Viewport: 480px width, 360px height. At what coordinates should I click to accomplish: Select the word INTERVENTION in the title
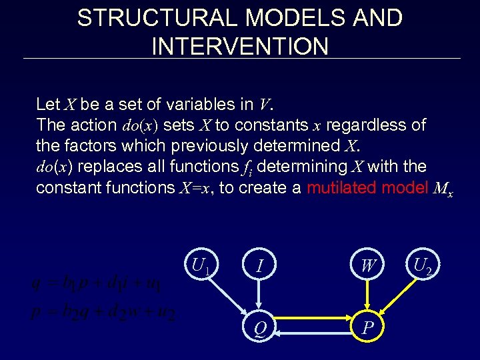[240, 46]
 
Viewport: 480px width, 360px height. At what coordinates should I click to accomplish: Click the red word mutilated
[349, 187]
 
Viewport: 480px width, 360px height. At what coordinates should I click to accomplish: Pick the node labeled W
[367, 267]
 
